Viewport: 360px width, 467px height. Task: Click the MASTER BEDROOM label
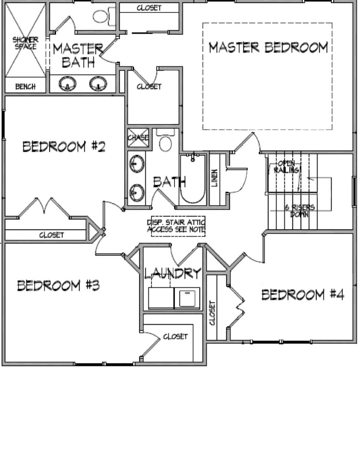click(x=268, y=47)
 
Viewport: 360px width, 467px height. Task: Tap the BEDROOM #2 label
click(x=64, y=146)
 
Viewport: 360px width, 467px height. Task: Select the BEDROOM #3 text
click(x=58, y=285)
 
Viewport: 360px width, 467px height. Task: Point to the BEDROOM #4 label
click(x=303, y=295)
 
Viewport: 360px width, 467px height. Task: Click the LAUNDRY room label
click(x=173, y=273)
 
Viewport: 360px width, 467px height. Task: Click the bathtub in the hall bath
click(x=192, y=179)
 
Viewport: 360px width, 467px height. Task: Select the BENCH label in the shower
click(x=25, y=87)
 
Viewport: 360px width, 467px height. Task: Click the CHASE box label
click(x=138, y=138)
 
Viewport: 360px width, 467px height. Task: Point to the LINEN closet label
click(x=214, y=178)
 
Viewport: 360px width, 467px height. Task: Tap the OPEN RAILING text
click(x=287, y=167)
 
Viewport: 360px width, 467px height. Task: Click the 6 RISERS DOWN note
click(x=299, y=211)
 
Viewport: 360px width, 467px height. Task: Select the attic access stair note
click(x=177, y=226)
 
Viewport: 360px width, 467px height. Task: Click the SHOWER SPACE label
click(x=25, y=43)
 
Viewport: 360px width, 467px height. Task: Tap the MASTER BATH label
click(x=78, y=55)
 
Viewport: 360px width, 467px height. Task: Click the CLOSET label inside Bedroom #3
click(x=175, y=337)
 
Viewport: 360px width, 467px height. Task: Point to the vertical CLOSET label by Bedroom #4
click(x=212, y=313)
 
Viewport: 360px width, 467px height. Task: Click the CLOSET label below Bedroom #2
click(x=51, y=235)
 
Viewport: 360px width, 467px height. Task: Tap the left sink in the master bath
click(x=67, y=83)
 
